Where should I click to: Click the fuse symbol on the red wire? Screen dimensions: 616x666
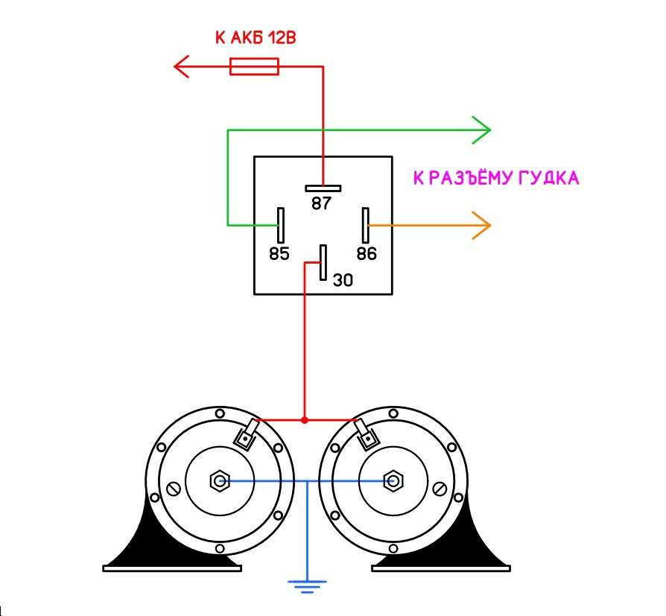point(255,68)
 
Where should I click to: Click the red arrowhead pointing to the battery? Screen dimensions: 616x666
point(182,68)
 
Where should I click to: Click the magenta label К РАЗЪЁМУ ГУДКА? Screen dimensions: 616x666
point(496,179)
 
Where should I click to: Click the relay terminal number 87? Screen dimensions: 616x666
point(321,203)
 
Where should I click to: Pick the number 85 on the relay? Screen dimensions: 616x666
point(279,254)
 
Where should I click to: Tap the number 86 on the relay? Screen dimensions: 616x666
point(367,254)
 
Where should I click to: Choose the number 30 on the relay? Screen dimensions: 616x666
point(343,280)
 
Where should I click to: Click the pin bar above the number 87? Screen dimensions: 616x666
point(323,188)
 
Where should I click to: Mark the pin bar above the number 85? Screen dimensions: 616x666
point(281,224)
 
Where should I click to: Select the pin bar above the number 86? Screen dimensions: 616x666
point(366,224)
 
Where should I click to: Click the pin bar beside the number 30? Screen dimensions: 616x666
point(323,262)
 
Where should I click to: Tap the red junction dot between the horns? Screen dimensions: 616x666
point(305,420)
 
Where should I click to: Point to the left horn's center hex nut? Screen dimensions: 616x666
point(219,481)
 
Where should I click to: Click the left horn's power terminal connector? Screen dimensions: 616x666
point(246,436)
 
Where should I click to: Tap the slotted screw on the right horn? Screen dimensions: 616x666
point(440,489)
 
